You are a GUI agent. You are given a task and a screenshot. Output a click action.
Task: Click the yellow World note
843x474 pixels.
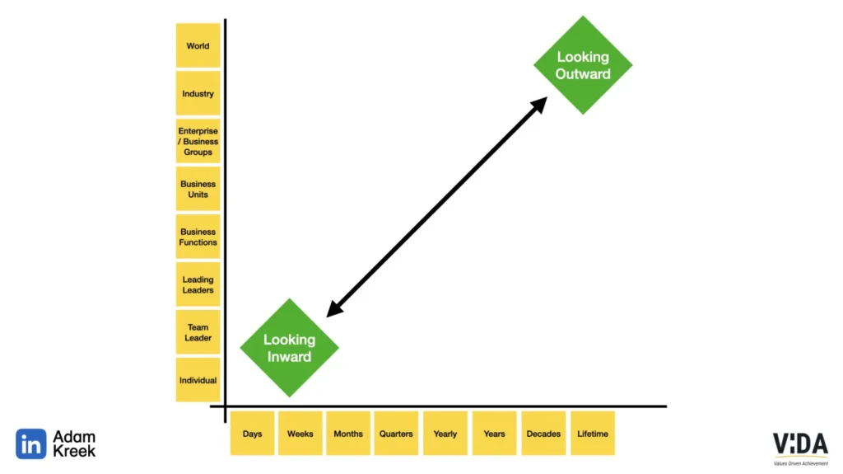(x=198, y=46)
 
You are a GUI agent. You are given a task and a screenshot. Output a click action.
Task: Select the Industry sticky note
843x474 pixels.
(x=198, y=94)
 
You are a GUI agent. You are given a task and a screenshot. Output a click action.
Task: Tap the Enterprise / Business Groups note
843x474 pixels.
(x=198, y=141)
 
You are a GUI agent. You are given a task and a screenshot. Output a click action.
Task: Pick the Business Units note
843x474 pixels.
(x=198, y=189)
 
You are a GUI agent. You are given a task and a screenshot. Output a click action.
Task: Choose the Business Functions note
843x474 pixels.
(x=198, y=237)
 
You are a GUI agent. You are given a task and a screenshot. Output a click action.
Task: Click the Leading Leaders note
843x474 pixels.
(x=198, y=284)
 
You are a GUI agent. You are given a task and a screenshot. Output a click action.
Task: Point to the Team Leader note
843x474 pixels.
(x=198, y=332)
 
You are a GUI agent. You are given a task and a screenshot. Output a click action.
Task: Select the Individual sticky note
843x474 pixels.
(x=198, y=380)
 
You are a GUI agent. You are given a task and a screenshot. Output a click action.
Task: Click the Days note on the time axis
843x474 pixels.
(x=252, y=434)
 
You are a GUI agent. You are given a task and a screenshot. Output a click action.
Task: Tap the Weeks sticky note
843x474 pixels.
(x=300, y=434)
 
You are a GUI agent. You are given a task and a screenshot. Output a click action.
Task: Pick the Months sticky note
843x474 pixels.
(x=347, y=434)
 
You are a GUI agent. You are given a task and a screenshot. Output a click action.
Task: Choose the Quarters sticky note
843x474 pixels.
(x=396, y=434)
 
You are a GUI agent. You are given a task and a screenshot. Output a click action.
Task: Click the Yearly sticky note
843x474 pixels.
(x=445, y=434)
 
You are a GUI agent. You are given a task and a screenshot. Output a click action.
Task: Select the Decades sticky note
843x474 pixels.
(x=543, y=434)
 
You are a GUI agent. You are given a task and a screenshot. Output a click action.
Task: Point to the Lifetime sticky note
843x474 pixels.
(x=593, y=434)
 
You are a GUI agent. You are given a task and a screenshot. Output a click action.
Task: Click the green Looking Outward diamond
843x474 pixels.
(x=583, y=65)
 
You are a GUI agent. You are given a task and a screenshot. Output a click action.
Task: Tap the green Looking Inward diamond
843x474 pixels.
(x=289, y=348)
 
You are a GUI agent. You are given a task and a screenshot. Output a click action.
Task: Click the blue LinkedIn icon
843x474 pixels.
(x=31, y=444)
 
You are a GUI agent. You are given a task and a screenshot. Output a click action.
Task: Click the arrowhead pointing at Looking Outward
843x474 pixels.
(x=540, y=104)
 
